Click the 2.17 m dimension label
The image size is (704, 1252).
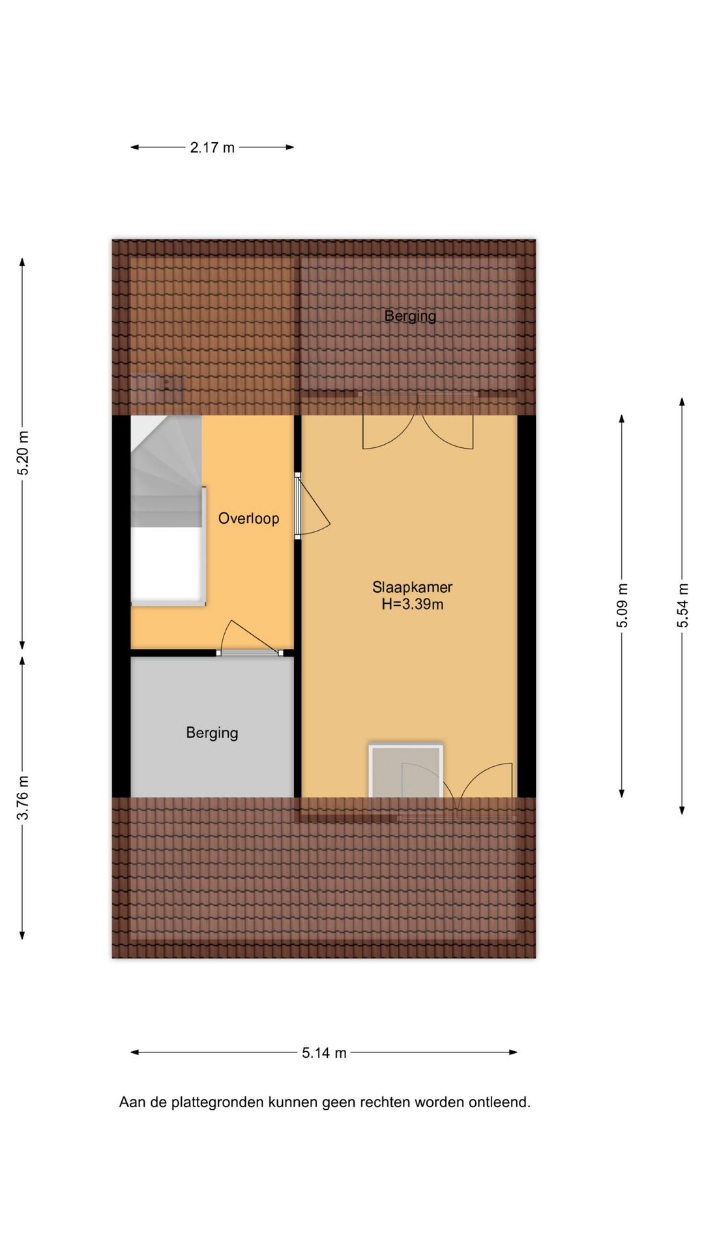212,147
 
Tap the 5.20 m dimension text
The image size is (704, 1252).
23,453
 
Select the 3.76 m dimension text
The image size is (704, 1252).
23,797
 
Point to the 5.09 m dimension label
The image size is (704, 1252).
623,606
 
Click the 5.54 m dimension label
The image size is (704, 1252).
682,606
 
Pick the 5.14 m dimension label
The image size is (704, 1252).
324,1052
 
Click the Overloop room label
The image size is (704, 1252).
248,518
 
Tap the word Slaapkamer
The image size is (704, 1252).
412,587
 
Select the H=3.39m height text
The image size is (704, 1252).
412,604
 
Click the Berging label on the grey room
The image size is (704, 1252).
212,733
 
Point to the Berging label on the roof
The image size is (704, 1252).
410,316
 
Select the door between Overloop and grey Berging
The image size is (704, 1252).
250,638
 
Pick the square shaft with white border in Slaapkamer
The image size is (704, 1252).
405,771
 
